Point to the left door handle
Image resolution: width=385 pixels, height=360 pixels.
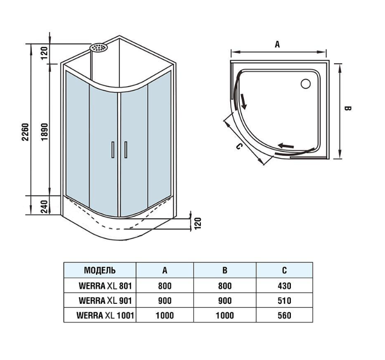112,150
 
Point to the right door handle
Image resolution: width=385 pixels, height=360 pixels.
125,150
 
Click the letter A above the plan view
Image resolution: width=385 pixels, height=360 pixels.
277,44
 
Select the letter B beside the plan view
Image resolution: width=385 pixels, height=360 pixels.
347,108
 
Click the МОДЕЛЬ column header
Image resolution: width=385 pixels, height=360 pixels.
100,270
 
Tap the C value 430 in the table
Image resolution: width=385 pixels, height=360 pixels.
284,286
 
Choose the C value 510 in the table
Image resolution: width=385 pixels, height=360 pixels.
284,301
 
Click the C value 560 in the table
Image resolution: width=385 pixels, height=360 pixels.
284,315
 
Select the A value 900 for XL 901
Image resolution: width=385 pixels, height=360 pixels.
165,301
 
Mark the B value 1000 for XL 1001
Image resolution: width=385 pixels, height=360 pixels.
225,315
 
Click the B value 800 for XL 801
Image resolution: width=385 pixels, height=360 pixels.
225,286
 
